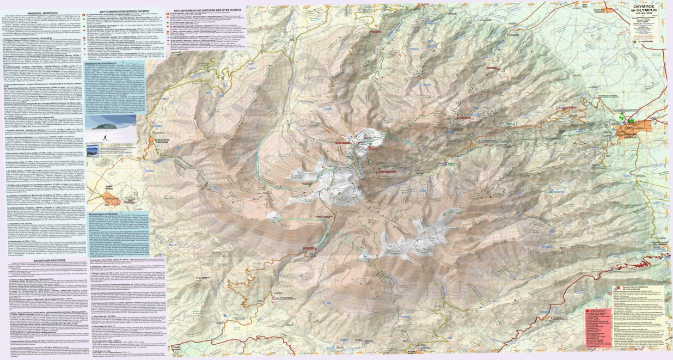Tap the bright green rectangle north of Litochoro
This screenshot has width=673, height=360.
point(631,120)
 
